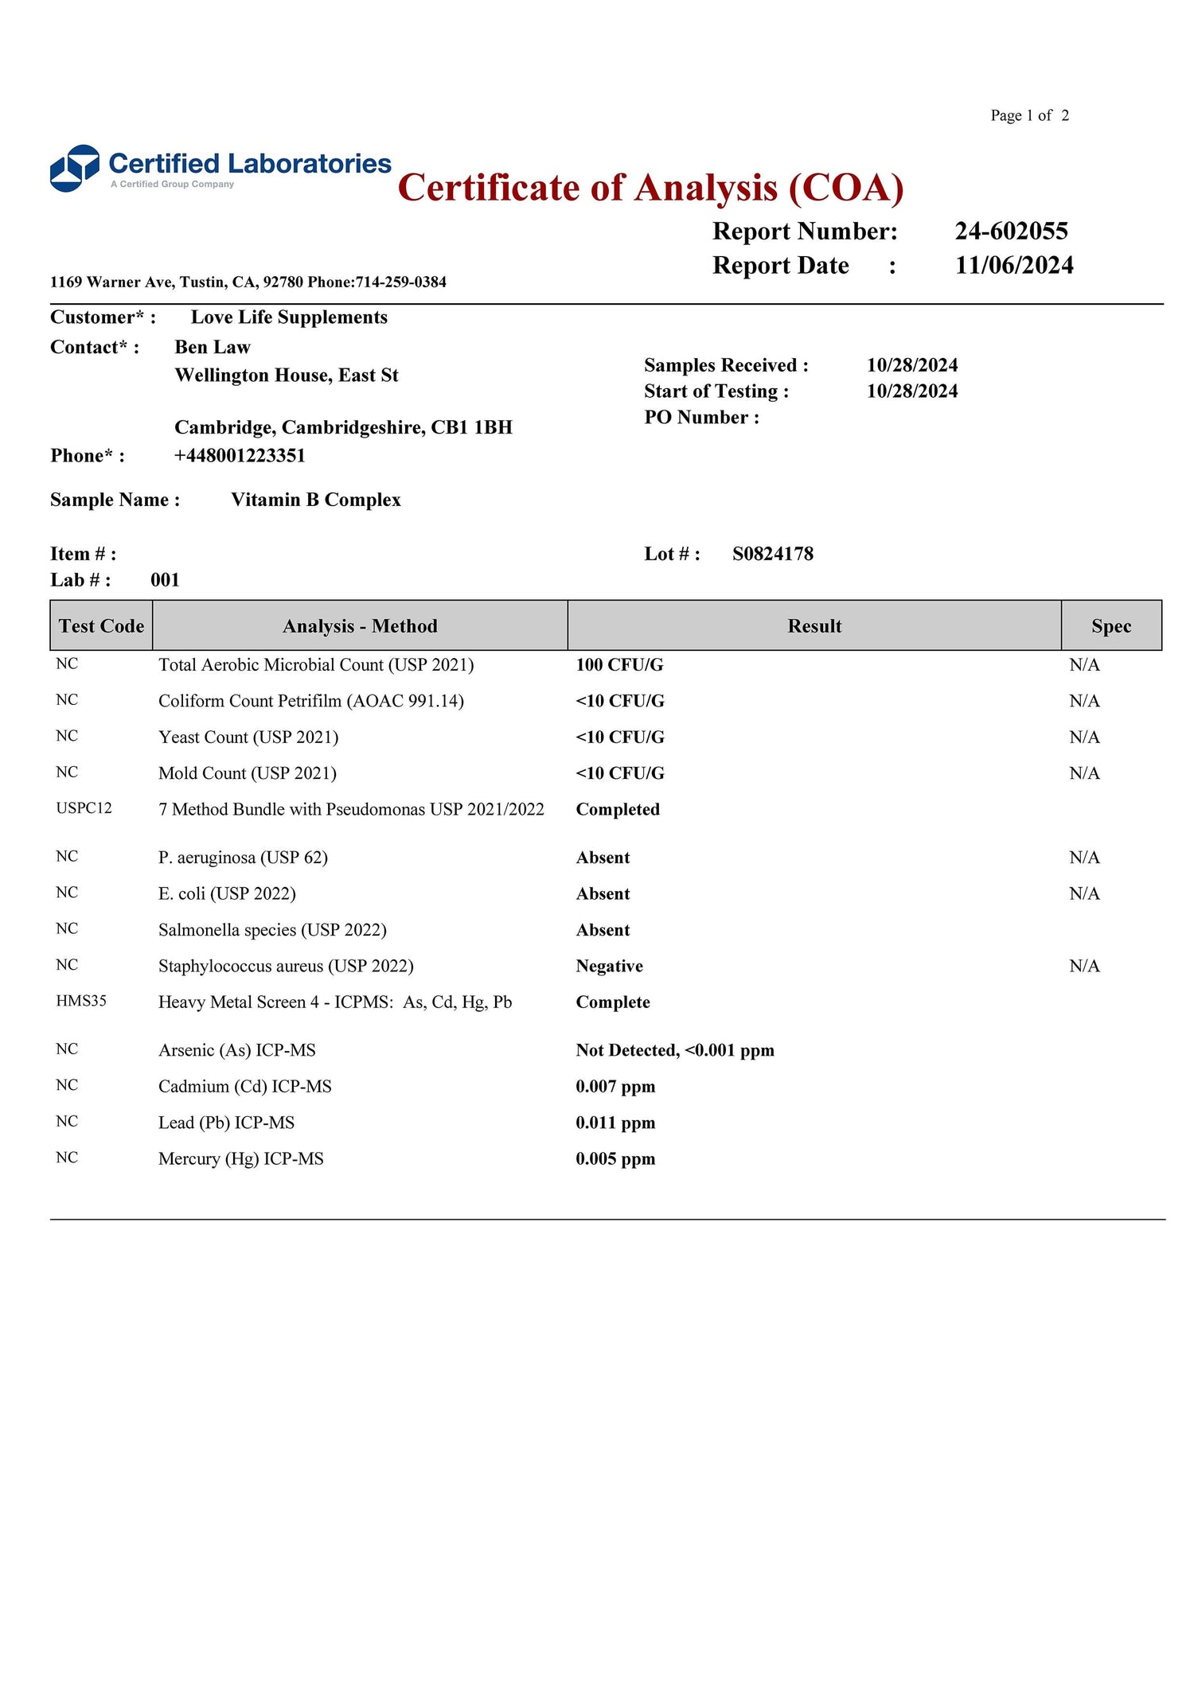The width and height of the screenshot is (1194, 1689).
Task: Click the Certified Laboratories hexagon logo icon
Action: (x=75, y=168)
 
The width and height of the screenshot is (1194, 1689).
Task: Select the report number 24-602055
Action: (x=1011, y=231)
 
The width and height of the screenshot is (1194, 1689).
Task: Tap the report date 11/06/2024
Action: (x=1013, y=265)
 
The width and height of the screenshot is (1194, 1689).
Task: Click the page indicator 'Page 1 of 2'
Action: (x=1029, y=115)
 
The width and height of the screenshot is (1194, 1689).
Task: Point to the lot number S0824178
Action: (x=772, y=554)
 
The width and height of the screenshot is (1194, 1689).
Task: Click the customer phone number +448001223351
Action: (x=240, y=456)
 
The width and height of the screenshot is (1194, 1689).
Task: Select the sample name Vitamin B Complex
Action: (x=315, y=500)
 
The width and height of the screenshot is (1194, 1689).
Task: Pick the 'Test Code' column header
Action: (x=101, y=626)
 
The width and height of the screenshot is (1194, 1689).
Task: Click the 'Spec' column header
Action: (x=1110, y=626)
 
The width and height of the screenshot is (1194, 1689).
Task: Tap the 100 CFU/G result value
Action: (x=619, y=664)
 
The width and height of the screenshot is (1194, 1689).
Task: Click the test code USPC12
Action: (x=84, y=808)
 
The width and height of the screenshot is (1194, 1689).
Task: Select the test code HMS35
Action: (x=81, y=1001)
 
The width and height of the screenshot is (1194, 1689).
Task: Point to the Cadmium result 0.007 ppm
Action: (x=615, y=1087)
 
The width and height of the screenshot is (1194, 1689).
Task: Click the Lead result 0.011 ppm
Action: (x=615, y=1123)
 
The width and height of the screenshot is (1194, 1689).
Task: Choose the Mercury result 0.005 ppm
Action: (x=615, y=1159)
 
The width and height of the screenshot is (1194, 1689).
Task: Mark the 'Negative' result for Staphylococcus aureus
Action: (x=609, y=966)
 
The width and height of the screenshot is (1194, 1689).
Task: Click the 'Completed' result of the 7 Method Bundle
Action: (x=618, y=809)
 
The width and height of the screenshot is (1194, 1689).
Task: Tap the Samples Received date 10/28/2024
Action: (x=912, y=365)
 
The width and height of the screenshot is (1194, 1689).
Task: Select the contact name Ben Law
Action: (x=213, y=347)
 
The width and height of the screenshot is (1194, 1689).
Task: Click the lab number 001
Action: (x=165, y=580)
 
